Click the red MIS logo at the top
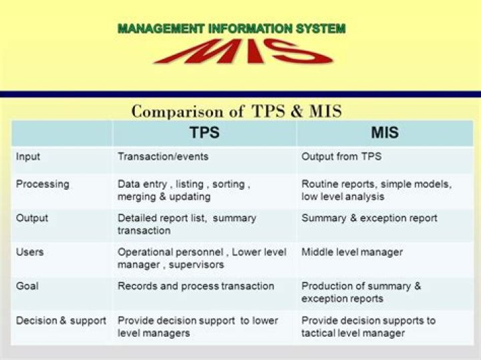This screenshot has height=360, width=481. point(243,51)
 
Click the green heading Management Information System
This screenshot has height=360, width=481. point(231,29)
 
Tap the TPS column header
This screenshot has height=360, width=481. point(204,133)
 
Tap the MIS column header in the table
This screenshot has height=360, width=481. point(385,133)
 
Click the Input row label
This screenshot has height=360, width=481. point(28,157)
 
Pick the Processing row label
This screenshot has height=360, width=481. point(42,184)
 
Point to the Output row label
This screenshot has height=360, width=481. point(32,218)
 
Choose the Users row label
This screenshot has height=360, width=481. point(29,252)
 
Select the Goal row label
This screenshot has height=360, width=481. point(27,286)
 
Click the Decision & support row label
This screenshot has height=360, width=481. point(61,321)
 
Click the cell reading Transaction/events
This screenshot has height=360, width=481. point(163,157)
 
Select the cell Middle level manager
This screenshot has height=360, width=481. point(352,252)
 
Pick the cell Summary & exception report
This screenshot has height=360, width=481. point(369,218)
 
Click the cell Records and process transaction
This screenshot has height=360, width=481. point(196,286)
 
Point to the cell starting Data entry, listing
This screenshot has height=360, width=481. point(184,190)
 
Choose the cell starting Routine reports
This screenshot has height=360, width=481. point(376,190)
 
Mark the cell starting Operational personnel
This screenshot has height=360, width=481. point(202,258)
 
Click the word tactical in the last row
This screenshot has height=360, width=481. point(319,333)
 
